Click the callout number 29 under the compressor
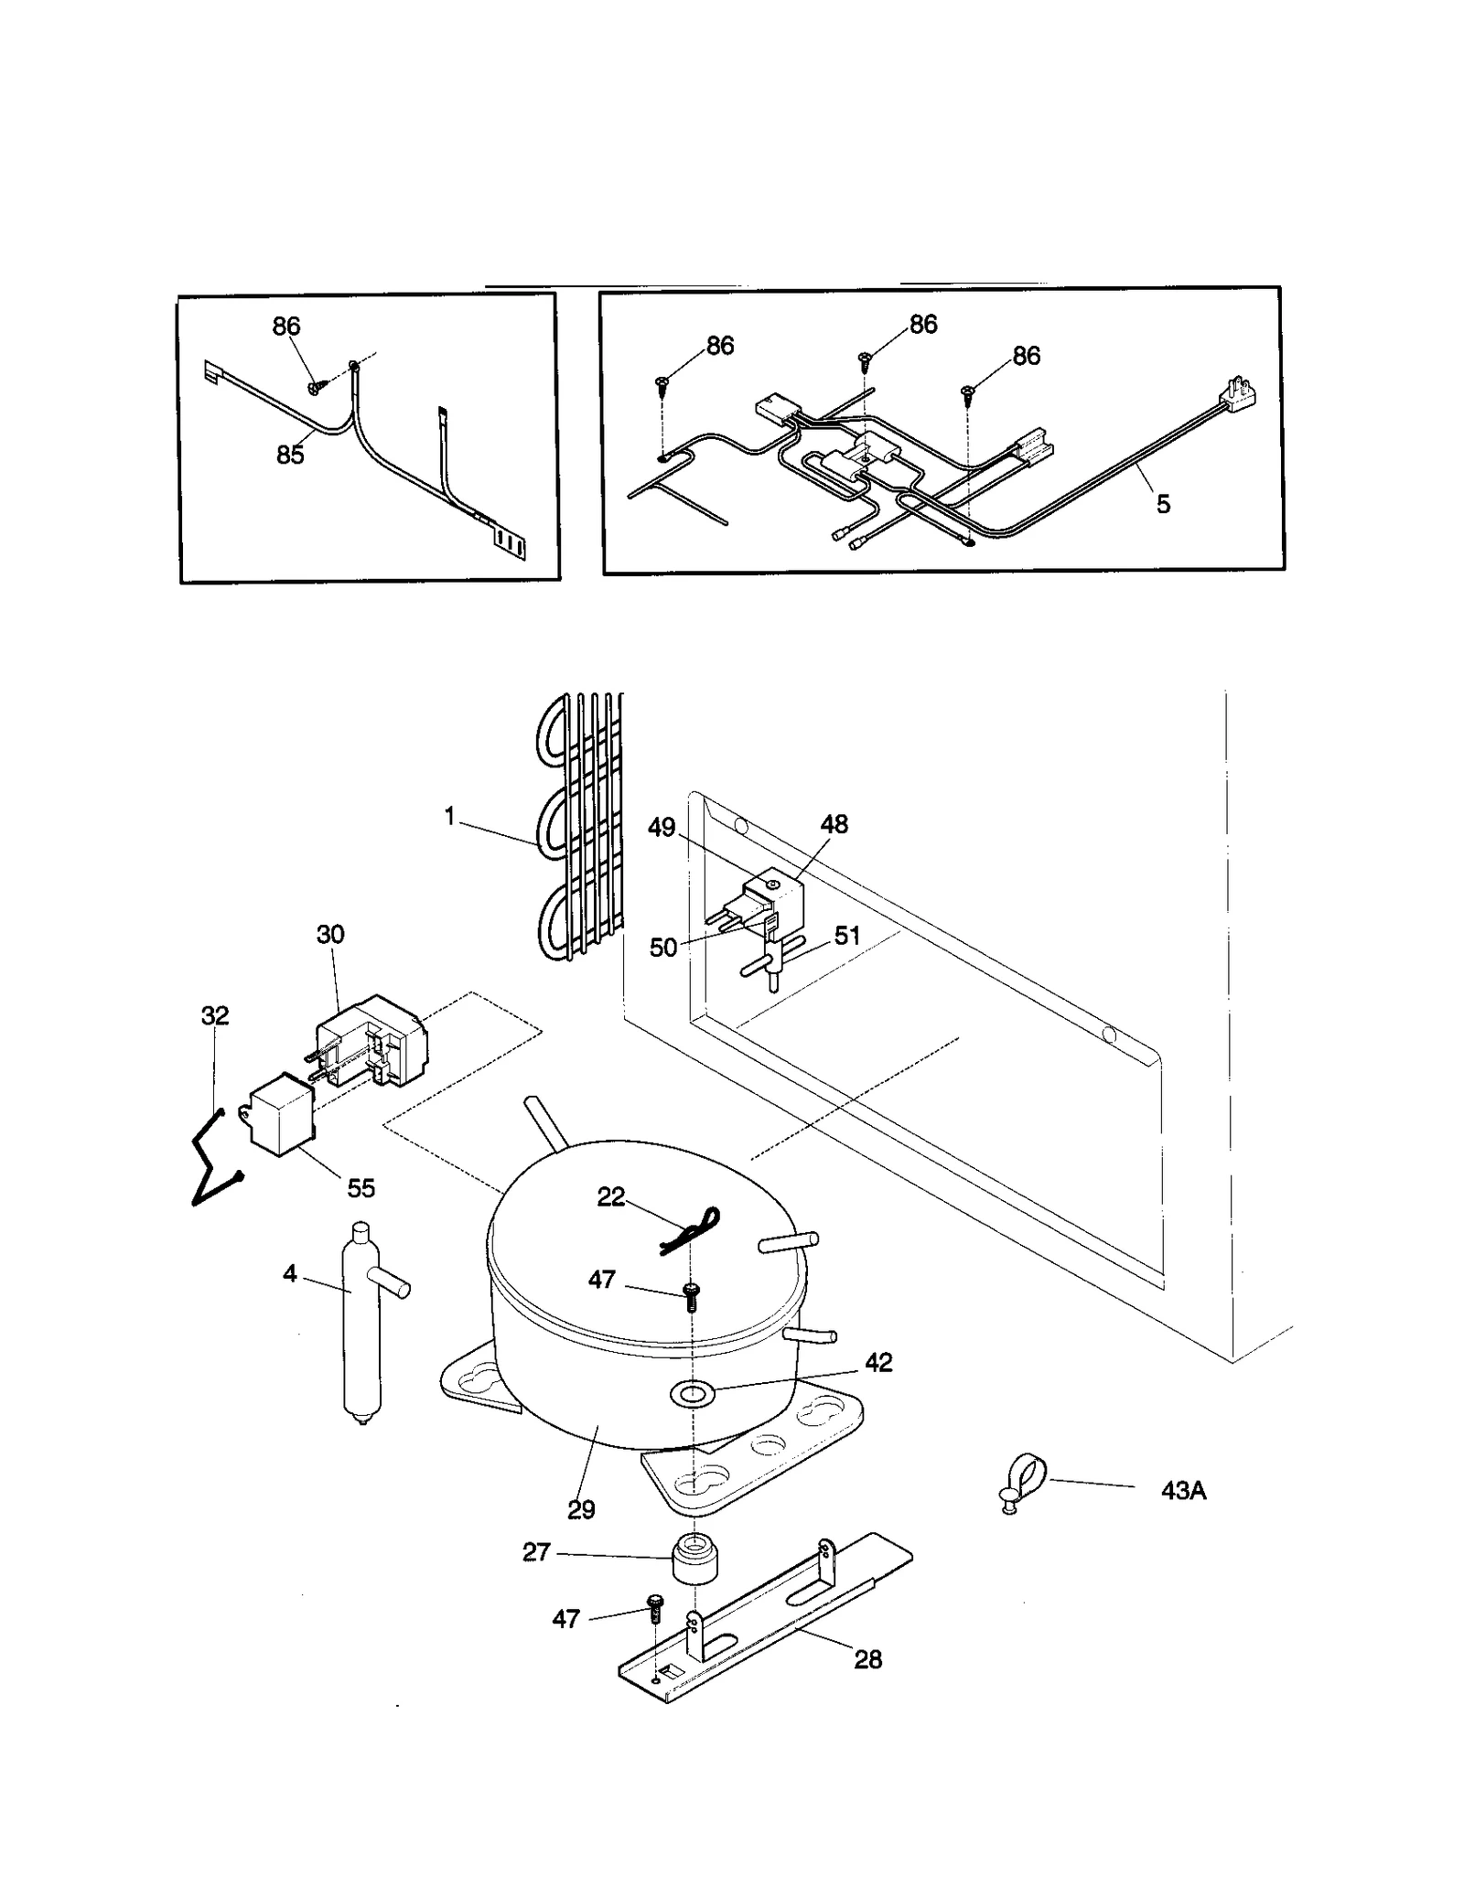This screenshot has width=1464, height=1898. (x=581, y=1509)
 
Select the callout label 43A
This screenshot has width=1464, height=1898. (x=1183, y=1491)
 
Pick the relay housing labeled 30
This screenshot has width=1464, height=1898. (x=371, y=1042)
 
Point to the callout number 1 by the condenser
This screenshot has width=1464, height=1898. (x=449, y=816)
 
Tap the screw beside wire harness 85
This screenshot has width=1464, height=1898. (x=314, y=388)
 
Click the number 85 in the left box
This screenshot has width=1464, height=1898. (x=290, y=454)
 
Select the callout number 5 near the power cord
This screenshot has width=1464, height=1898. (x=1163, y=504)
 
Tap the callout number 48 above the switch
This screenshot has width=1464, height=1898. (x=834, y=824)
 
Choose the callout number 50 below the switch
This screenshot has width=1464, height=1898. (x=663, y=948)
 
